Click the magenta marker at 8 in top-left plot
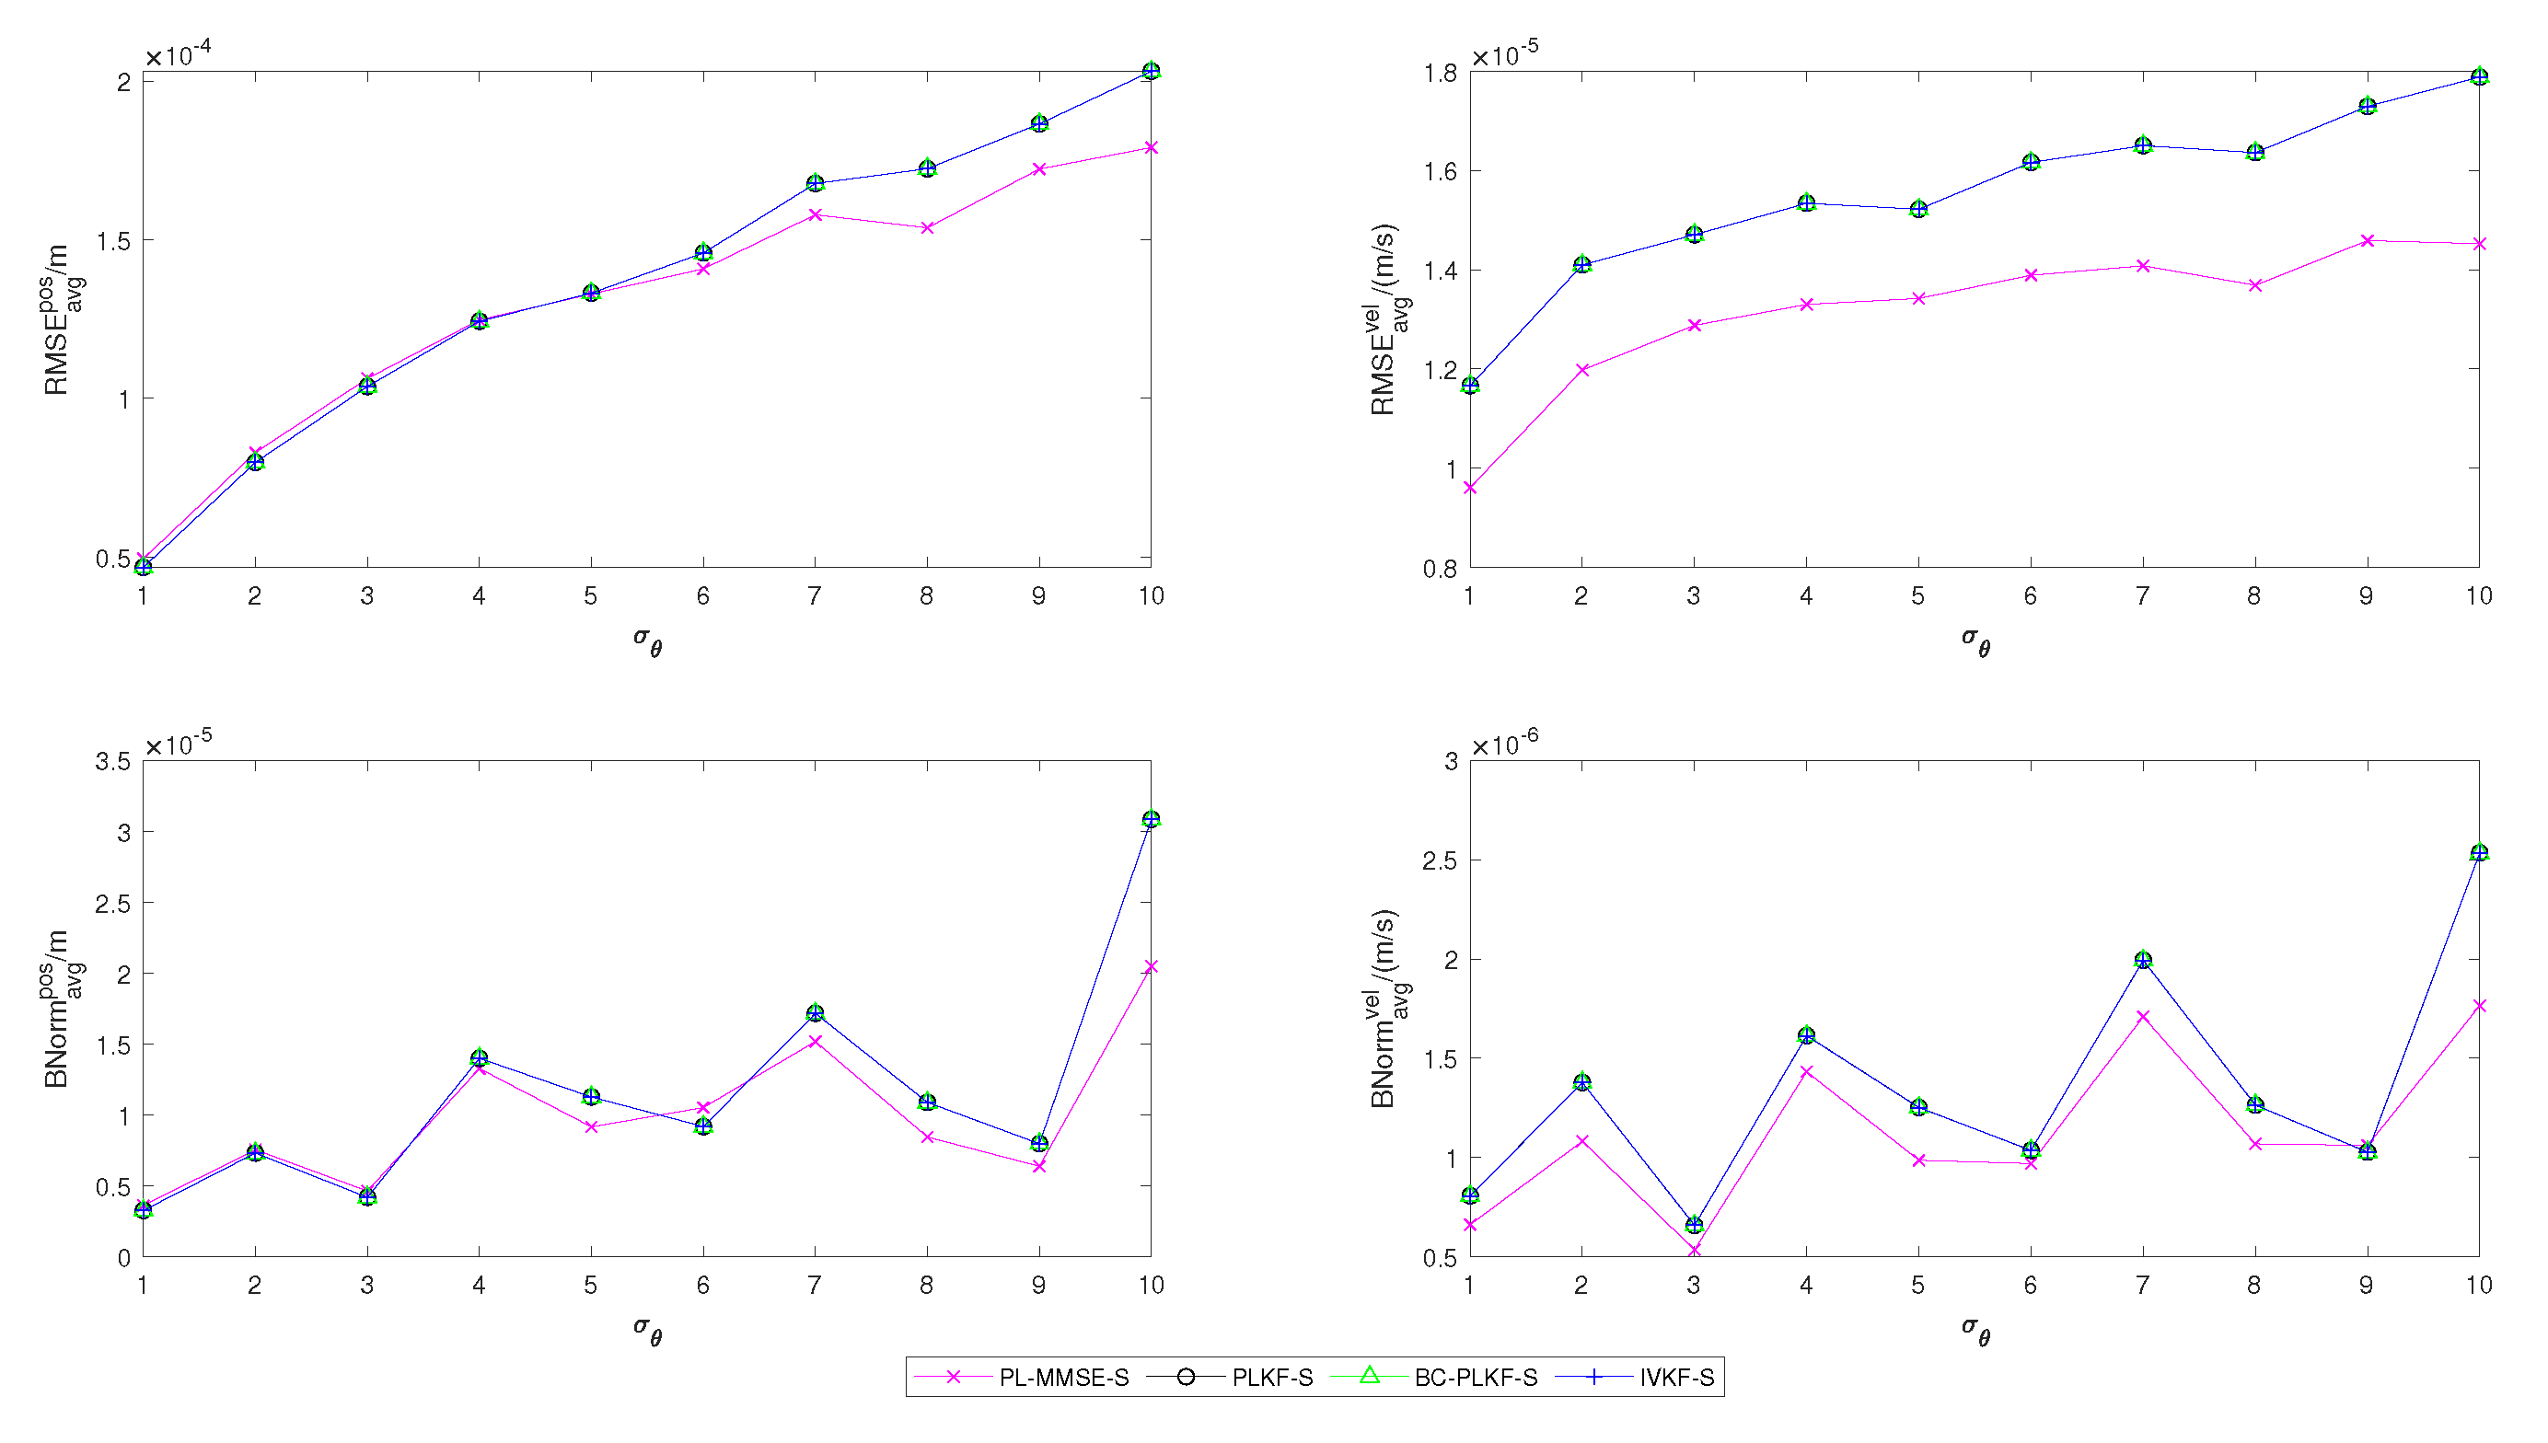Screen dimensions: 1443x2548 928,228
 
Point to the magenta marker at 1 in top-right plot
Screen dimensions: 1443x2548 1470,489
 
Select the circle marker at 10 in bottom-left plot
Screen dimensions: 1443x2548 1151,820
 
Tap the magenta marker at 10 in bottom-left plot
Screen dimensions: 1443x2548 1151,966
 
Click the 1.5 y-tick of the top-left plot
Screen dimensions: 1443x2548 116,241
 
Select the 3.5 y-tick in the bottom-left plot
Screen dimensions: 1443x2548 112,761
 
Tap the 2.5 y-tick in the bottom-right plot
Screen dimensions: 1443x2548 1439,861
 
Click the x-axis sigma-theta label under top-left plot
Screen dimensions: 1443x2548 647,640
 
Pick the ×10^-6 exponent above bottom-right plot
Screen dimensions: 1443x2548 1504,743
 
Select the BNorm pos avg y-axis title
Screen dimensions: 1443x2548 63,1009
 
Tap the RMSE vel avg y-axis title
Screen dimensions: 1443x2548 1389,319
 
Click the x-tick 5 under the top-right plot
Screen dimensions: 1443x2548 1917,595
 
